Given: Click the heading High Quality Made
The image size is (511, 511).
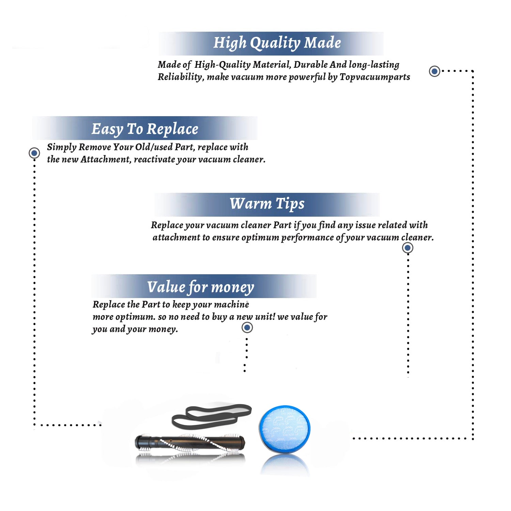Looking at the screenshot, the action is pyautogui.click(x=277, y=43).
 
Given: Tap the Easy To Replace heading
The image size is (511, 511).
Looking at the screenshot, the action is pyautogui.click(x=145, y=129).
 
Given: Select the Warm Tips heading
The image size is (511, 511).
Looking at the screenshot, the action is pyautogui.click(x=267, y=204).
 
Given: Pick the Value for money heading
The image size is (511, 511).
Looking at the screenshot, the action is pyautogui.click(x=201, y=287).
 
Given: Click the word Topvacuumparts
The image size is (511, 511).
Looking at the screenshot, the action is pyautogui.click(x=375, y=77).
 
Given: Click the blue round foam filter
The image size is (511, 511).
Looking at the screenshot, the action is pyautogui.click(x=284, y=429).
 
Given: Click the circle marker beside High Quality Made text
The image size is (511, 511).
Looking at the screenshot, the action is pyautogui.click(x=434, y=71).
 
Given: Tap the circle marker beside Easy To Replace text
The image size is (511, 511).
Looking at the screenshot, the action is pyautogui.click(x=34, y=153).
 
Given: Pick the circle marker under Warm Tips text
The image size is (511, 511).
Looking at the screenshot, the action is pyautogui.click(x=407, y=248).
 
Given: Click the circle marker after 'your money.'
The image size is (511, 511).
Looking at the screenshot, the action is pyautogui.click(x=247, y=328).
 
